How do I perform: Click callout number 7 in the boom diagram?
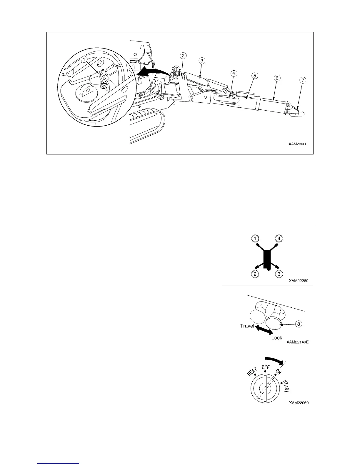tap(303, 80)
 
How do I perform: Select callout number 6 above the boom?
tap(277, 78)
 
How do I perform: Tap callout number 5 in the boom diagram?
tap(255, 76)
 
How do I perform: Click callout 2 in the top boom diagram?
tap(183, 56)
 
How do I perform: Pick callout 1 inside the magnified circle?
tap(84, 59)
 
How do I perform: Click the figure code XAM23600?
tap(298, 144)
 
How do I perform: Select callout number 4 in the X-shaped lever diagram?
tap(279, 238)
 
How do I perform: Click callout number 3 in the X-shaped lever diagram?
tap(279, 274)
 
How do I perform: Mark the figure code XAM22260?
tap(298, 281)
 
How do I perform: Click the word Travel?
tap(247, 326)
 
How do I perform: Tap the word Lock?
tap(277, 337)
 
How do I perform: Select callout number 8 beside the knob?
tap(299, 324)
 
